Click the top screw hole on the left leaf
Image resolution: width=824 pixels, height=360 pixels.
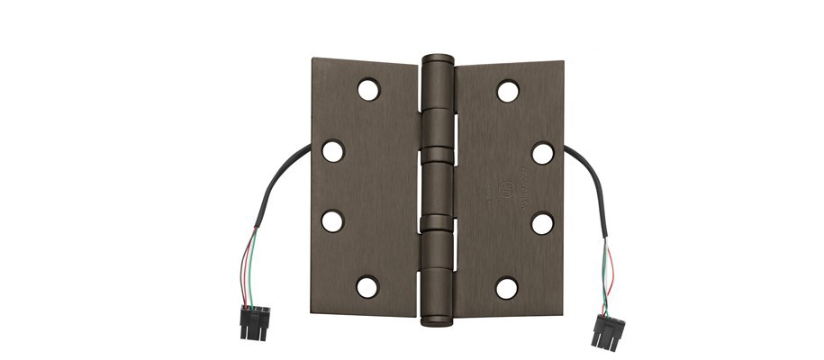tap(368, 89)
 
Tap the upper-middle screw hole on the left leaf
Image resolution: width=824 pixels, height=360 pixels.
tap(333, 151)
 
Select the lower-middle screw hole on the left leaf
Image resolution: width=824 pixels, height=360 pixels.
tap(333, 220)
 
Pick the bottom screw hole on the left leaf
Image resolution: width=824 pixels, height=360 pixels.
tap(367, 287)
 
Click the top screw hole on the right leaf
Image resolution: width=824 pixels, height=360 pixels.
tap(508, 90)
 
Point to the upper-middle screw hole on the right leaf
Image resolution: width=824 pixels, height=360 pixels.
tap(542, 153)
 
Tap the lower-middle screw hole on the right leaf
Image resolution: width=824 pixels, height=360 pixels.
tap(542, 222)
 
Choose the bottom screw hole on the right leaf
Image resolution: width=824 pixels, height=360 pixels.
tap(507, 288)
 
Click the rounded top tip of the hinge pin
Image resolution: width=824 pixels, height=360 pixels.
tap(438, 57)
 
